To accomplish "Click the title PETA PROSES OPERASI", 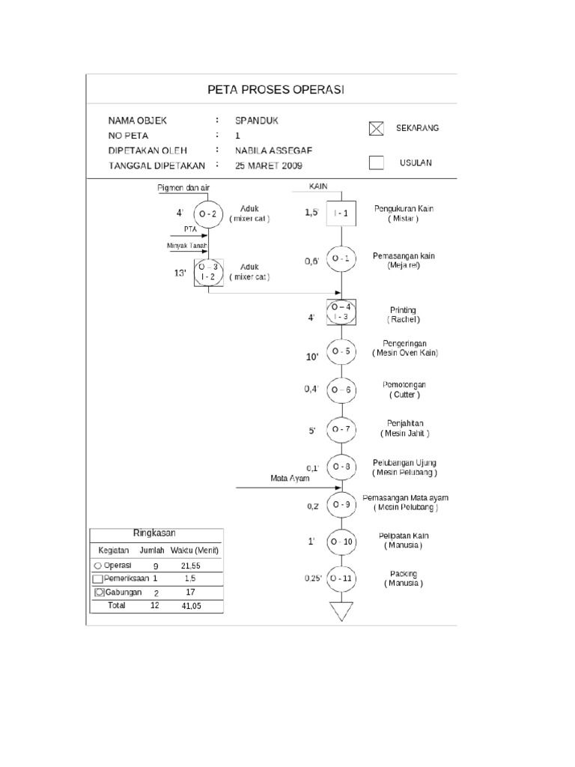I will point(275,90).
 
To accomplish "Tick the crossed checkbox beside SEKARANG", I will point(376,128).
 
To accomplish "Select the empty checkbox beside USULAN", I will point(376,163).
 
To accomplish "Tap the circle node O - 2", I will point(208,214).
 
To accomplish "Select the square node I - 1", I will point(341,214).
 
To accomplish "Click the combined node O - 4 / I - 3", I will point(341,312).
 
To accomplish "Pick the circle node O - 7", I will point(341,429).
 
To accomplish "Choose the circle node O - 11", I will point(341,579).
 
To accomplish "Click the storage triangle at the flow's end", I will point(341,610).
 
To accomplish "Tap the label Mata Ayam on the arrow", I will point(289,478).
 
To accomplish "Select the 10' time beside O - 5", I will point(312,357).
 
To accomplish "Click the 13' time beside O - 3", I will point(180,273).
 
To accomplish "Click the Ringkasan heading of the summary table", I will point(154,533).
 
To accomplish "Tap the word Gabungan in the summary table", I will point(124,592).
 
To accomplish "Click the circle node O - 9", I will point(341,504).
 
